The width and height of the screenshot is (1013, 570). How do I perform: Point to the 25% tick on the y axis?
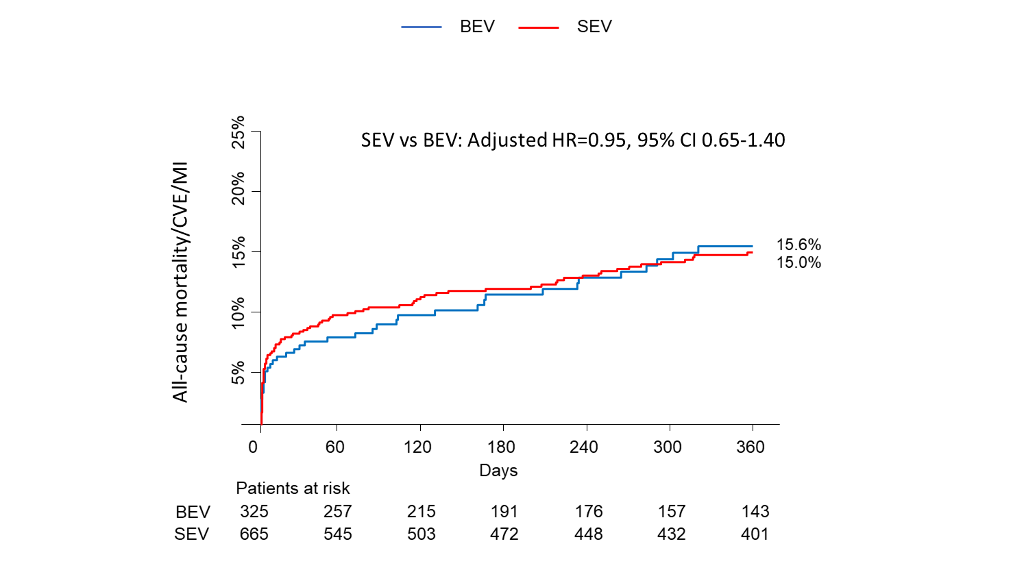pos(238,132)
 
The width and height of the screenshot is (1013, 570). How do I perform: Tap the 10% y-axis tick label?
pos(238,312)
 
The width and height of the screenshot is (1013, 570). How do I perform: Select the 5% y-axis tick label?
pos(238,373)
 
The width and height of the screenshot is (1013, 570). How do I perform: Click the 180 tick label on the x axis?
pos(501,447)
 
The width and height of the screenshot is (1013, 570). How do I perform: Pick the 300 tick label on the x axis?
pos(667,447)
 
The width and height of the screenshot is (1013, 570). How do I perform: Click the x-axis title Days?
pos(498,471)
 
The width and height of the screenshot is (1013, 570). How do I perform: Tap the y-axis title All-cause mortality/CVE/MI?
pos(180,282)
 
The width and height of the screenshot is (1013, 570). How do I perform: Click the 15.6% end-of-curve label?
pos(798,245)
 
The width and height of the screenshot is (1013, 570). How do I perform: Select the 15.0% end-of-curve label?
pos(798,262)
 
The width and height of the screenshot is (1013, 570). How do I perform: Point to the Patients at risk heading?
pos(293,488)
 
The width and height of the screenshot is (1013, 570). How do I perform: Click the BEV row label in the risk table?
pos(193,512)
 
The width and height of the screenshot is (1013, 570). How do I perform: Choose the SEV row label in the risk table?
pos(191,534)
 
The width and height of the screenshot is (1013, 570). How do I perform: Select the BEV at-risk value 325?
pos(254,512)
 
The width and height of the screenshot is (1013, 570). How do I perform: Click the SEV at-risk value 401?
pos(755,534)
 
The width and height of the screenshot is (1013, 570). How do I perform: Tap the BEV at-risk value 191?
pos(504,512)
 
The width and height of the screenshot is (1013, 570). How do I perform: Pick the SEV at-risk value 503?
pos(421,534)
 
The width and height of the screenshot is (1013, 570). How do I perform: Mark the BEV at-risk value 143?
pos(755,512)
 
